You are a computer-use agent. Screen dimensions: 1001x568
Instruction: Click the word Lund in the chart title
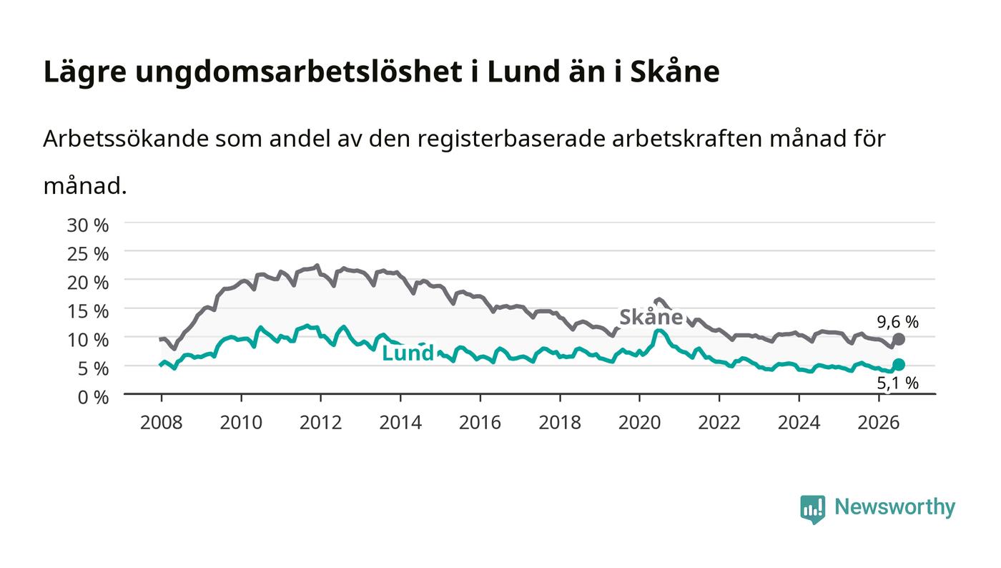coord(523,72)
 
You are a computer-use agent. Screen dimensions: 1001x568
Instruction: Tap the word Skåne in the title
coord(675,72)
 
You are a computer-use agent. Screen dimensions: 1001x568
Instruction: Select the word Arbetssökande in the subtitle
coord(126,139)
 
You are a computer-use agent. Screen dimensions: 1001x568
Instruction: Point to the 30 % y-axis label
coord(87,225)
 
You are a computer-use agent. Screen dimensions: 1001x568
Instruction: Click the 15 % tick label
coord(87,311)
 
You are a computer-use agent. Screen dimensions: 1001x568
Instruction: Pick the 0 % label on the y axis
coord(93,397)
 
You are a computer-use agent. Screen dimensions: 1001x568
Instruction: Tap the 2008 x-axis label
coord(162,423)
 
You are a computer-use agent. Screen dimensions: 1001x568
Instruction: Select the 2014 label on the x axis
coord(400,423)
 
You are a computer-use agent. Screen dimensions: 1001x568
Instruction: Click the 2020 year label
coord(639,423)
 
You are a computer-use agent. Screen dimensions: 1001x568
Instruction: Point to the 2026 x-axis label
coord(879,423)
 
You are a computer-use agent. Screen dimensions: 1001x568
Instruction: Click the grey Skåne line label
coord(651,317)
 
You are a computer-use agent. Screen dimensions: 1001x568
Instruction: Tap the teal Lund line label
coord(408,353)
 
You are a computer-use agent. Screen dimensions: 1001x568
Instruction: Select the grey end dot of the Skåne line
coord(899,339)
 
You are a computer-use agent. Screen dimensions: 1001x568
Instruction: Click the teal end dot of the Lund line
coord(899,365)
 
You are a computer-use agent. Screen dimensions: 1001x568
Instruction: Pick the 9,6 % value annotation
coord(898,322)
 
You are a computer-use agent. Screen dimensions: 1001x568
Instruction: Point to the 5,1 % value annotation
coord(898,383)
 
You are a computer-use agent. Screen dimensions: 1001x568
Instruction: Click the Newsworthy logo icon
coord(812,509)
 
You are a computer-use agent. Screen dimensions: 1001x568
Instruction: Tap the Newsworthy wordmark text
coord(894,507)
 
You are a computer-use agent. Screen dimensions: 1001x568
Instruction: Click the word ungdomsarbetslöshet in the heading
coord(299,72)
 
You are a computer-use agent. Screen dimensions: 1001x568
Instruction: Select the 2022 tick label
coord(719,423)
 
